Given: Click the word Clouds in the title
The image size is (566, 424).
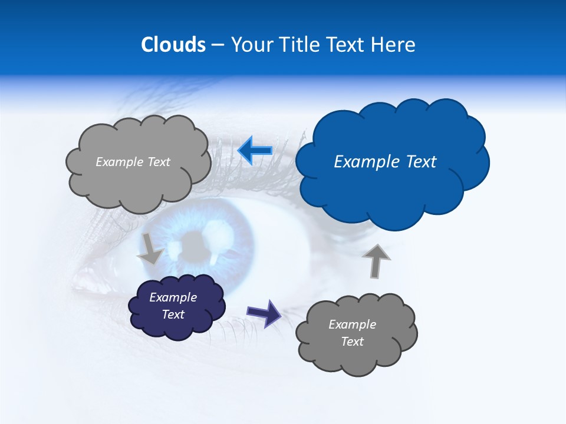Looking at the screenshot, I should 173,45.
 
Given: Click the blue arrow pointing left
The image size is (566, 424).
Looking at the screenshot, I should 255,151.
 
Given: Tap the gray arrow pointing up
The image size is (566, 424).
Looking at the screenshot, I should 376,261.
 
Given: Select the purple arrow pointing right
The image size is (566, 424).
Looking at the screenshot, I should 264,312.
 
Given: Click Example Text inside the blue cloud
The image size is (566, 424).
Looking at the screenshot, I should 385,161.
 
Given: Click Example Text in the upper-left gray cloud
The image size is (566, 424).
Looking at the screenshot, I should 133,161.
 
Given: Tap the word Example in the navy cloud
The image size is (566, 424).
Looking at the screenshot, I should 173,297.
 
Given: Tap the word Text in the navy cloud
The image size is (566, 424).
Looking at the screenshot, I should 173,314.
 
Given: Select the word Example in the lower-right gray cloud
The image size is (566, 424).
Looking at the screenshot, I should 352,324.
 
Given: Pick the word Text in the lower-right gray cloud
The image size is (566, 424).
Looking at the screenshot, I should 352,342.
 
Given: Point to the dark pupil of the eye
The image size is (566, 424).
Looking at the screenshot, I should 193,242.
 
